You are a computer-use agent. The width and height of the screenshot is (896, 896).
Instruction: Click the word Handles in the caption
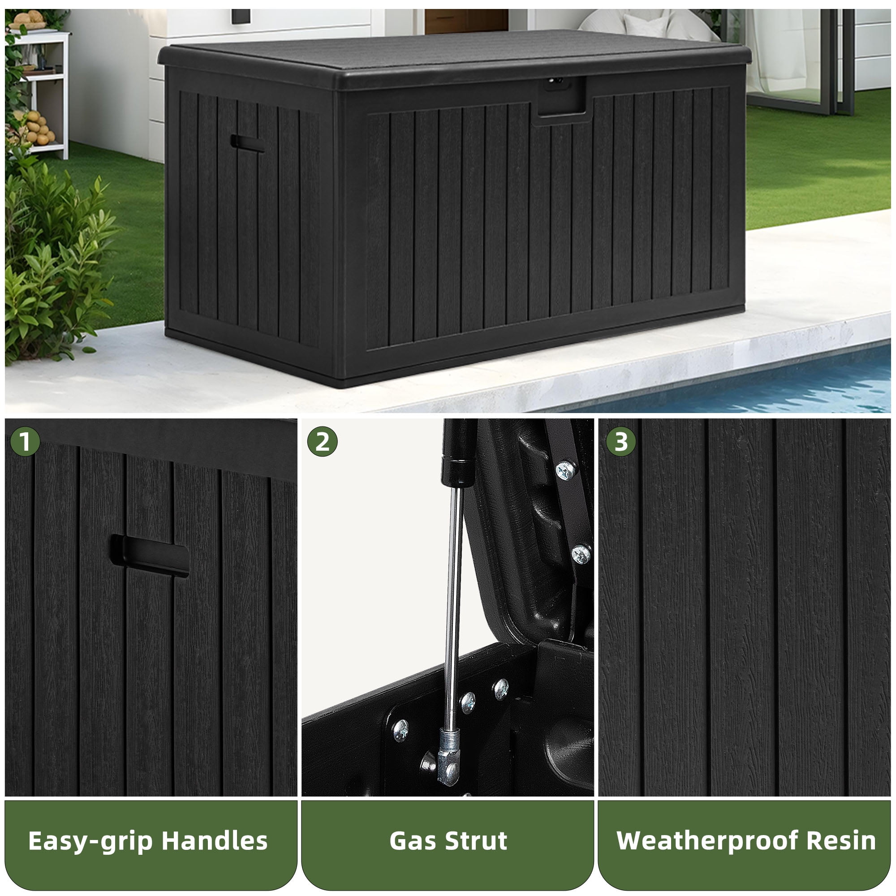pyautogui.click(x=215, y=841)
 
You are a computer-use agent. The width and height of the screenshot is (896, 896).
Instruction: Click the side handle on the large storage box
pyautogui.click(x=247, y=143)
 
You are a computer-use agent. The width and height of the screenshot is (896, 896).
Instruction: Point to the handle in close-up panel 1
pyautogui.click(x=149, y=556)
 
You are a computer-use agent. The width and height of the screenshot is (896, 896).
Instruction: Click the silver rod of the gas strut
pyautogui.click(x=453, y=607)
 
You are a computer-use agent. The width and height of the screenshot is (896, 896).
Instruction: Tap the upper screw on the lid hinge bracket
pyautogui.click(x=566, y=471)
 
